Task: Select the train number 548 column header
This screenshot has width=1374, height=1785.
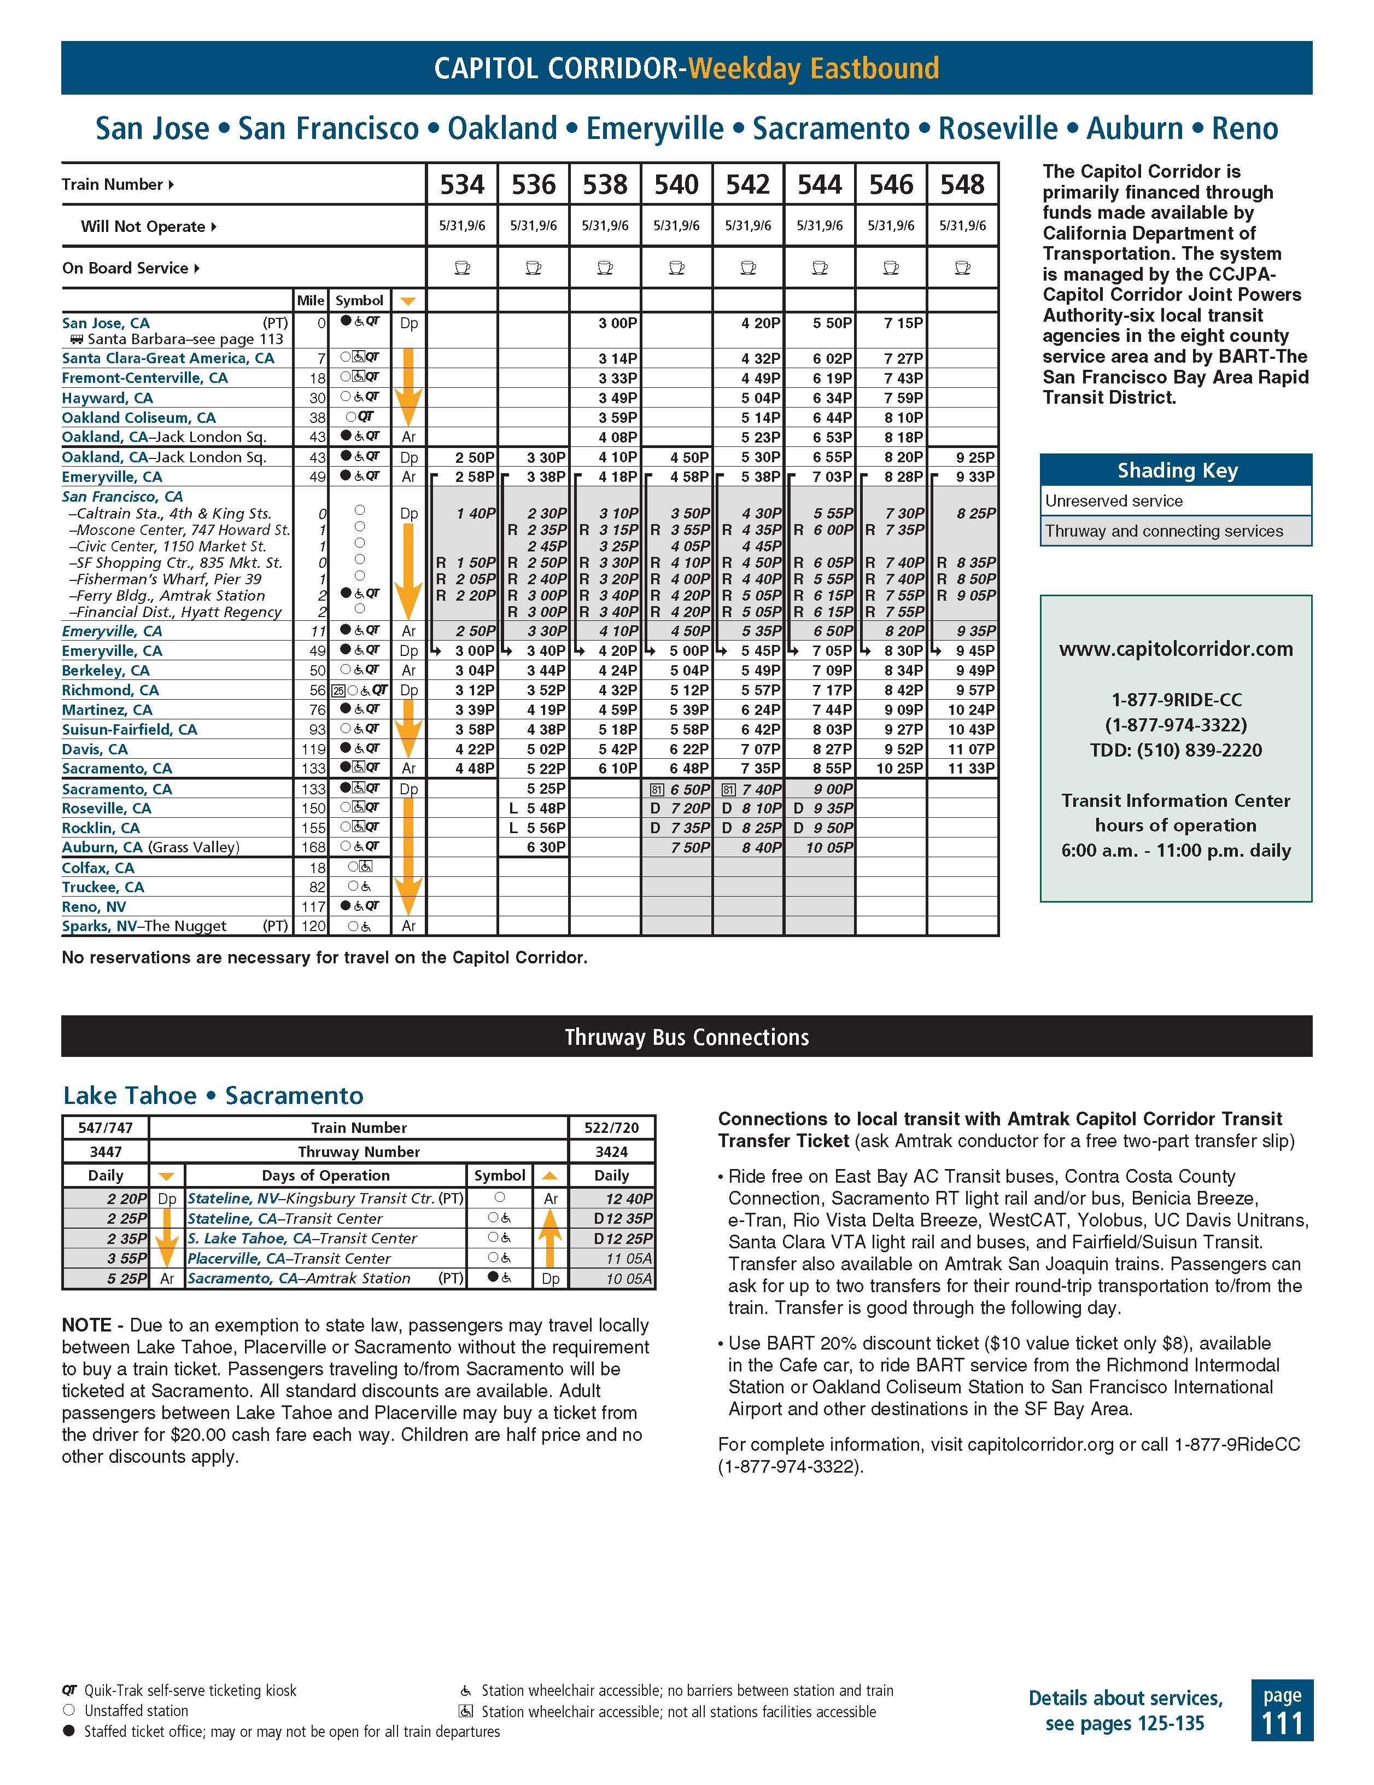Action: (962, 185)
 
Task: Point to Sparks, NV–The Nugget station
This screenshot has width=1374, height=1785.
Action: (144, 926)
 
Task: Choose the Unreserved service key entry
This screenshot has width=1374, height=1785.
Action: (1113, 501)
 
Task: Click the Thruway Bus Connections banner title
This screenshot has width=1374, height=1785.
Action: (686, 1037)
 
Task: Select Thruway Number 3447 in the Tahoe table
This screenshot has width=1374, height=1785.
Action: (106, 1152)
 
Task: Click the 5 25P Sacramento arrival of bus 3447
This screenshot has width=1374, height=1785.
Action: (127, 1278)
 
